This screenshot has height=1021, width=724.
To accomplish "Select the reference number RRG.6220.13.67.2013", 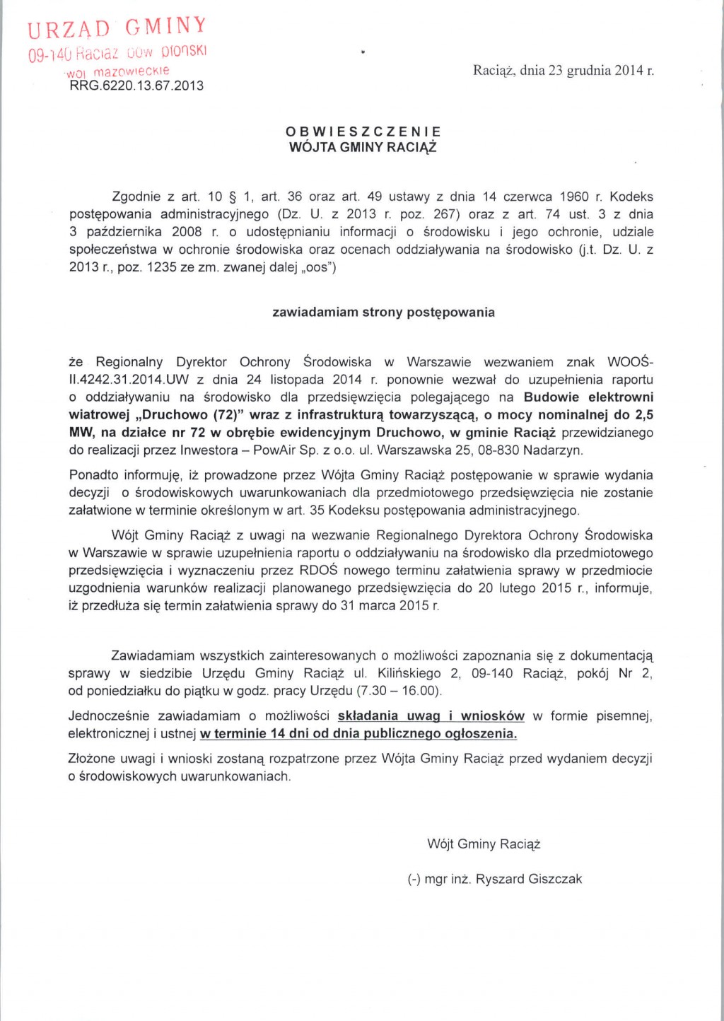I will click(136, 86).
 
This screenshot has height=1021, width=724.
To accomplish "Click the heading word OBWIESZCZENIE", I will click(363, 132).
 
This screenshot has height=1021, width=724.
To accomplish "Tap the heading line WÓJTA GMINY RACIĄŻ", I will click(363, 148).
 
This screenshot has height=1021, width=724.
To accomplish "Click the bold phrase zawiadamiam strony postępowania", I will click(383, 312).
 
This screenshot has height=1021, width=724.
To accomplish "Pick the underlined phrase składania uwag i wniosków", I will click(431, 716).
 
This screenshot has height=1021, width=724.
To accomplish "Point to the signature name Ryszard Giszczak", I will click(529, 879).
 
